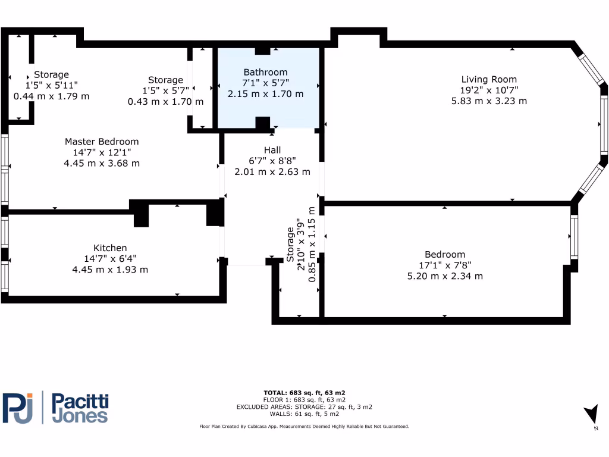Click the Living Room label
tap(489, 79)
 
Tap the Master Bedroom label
tap(102, 142)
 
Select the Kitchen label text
tap(110, 248)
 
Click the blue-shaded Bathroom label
tap(265, 72)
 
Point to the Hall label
tap(272, 150)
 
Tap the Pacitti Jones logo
tap(56, 408)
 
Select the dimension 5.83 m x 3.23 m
tap(489, 101)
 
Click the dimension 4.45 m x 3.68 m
tap(102, 164)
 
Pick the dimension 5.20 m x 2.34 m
tap(445, 276)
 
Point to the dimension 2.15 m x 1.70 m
tap(265, 94)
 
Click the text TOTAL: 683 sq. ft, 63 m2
tap(304, 393)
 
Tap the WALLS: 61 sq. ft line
tap(304, 414)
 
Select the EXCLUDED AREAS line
tap(304, 407)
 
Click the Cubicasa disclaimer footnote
tap(304, 427)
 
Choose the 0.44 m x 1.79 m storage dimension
tap(52, 96)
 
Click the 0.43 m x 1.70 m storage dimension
tap(165, 102)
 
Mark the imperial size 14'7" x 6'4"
tap(110, 259)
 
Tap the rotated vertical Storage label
tap(290, 244)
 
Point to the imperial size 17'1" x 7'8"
tap(445, 265)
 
